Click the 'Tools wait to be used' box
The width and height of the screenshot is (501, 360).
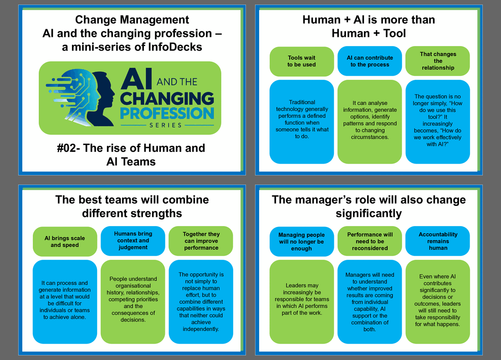coord(302,62)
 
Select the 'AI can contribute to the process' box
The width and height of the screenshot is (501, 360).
coord(370,61)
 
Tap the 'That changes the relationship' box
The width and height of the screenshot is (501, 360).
coord(438,61)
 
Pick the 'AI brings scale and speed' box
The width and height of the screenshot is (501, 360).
coord(65,242)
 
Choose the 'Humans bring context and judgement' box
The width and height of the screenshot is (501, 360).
coord(133,241)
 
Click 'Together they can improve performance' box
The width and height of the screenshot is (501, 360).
coord(201,241)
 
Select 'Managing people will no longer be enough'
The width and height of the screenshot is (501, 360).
coord(302,242)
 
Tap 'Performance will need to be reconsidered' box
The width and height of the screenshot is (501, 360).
coord(370,241)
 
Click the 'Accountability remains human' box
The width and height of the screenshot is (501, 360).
coord(438,241)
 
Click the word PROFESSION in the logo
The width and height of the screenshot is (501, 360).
coord(167,113)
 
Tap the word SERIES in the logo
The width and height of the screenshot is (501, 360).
coord(165,125)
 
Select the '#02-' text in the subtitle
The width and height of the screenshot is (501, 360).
coord(68,148)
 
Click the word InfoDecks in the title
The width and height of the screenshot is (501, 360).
coord(175,47)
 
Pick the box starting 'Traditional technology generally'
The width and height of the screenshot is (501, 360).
coord(302,122)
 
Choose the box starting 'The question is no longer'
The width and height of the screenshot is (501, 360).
coord(438,122)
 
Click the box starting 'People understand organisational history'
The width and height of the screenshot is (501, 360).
coord(133,302)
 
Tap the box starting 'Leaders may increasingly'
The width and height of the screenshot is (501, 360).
coord(302,302)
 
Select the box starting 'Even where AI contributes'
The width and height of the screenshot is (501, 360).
coord(438,302)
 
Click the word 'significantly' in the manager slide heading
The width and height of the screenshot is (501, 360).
coord(369,214)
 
